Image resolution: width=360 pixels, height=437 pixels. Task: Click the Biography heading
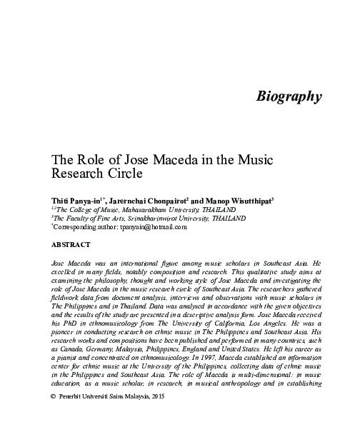[289, 96]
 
